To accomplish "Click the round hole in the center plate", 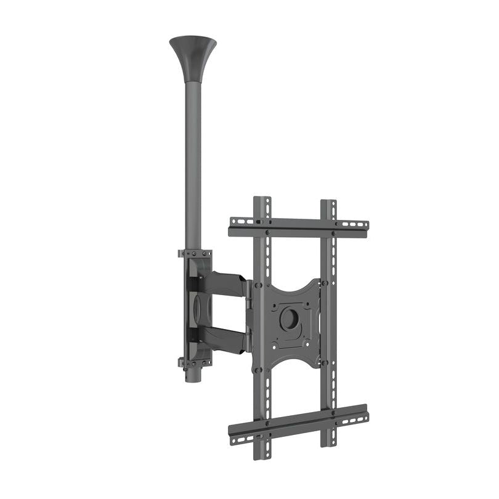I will pyautogui.click(x=288, y=318).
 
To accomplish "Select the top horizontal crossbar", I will pyautogui.click(x=299, y=227).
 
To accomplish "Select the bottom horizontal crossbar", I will pyautogui.click(x=299, y=424).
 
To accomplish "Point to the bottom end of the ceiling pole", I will pyautogui.click(x=193, y=377).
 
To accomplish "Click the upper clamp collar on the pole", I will pyautogui.click(x=195, y=254).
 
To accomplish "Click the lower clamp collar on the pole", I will pyautogui.click(x=195, y=362).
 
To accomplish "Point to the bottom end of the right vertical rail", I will pyautogui.click(x=328, y=441).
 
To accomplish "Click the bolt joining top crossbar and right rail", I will pyautogui.click(x=333, y=233).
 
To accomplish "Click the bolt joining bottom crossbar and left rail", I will pyautogui.click(x=267, y=426).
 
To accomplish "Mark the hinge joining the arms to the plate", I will pyautogui.click(x=249, y=314).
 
